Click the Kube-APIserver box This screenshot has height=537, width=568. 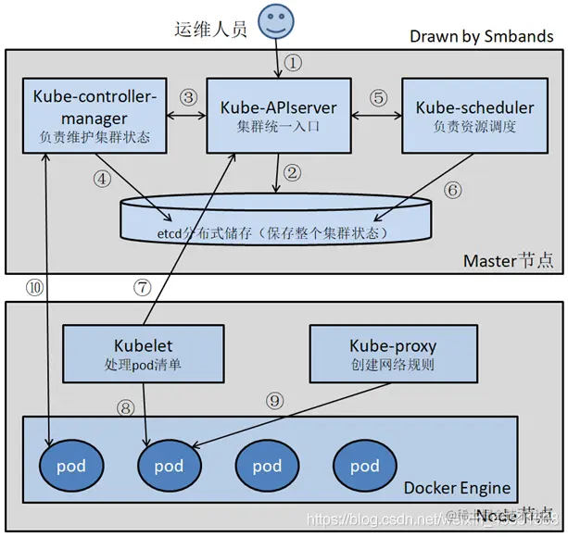(278, 116)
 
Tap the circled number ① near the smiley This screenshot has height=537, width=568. (294, 63)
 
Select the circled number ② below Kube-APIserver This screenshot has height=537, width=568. (293, 173)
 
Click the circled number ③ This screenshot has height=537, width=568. (188, 97)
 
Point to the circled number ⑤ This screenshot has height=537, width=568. (377, 97)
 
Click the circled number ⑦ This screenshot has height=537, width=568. (142, 288)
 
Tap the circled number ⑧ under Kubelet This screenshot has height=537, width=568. (126, 406)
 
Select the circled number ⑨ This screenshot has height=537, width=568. (273, 401)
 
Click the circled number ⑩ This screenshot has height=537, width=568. (35, 288)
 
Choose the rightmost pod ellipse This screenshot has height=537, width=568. (364, 466)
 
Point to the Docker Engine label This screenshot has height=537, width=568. (457, 488)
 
